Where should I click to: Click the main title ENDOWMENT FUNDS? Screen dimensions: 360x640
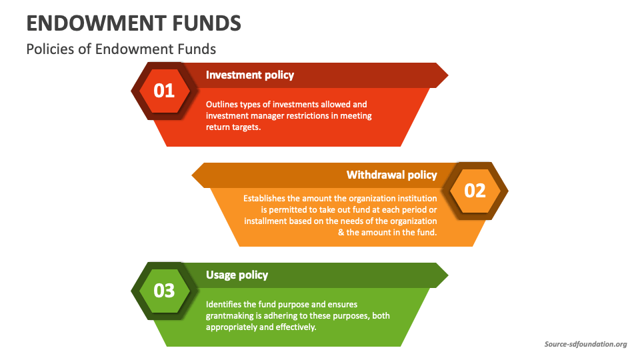pyautogui.click(x=133, y=23)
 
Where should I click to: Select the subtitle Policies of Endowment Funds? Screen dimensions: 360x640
pyautogui.click(x=121, y=49)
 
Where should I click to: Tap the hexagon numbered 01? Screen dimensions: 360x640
pyautogui.click(x=164, y=90)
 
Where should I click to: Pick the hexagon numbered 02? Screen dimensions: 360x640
pyautogui.click(x=475, y=191)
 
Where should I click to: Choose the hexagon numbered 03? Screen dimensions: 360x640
pyautogui.click(x=164, y=291)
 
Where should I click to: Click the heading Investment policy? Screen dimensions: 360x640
pyautogui.click(x=249, y=75)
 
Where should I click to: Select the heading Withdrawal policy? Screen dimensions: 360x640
pyautogui.click(x=391, y=175)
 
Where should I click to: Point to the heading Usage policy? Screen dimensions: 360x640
pyautogui.click(x=237, y=275)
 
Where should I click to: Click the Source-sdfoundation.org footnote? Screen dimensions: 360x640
pyautogui.click(x=585, y=344)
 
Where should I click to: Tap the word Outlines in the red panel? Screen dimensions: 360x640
pyautogui.click(x=220, y=105)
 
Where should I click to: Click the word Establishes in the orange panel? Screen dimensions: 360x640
pyautogui.click(x=265, y=198)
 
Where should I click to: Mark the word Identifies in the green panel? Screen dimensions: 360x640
pyautogui.click(x=223, y=304)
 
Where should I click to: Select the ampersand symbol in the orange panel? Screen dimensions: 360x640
pyautogui.click(x=341, y=233)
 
